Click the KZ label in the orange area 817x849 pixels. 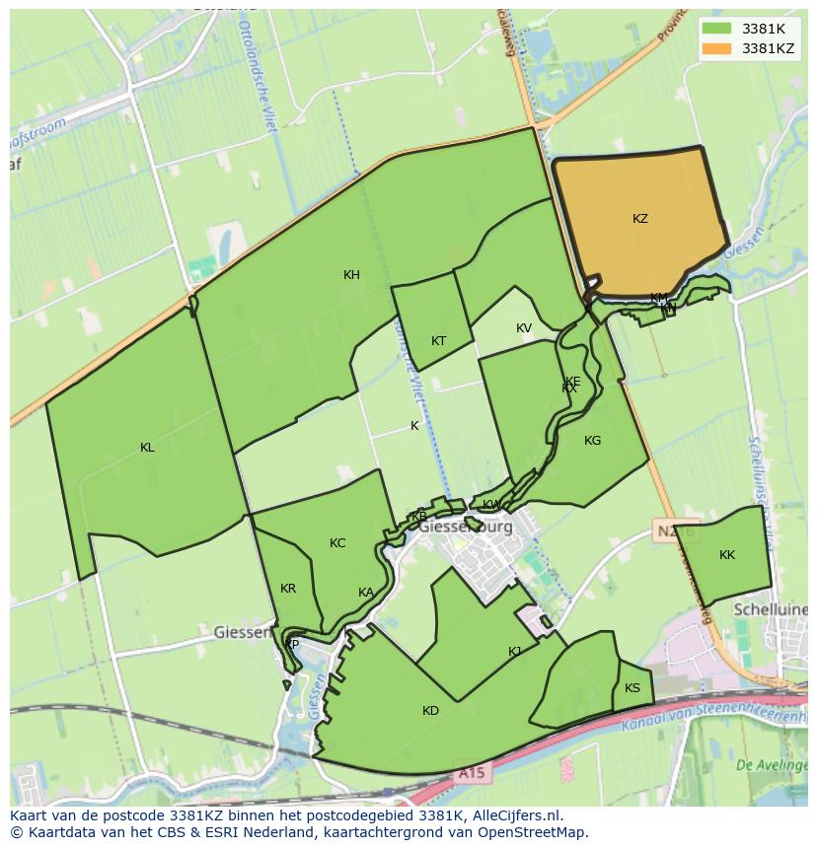coord(640,219)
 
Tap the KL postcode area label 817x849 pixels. coord(147,448)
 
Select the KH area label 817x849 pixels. coord(351,275)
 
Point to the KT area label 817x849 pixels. coord(438,341)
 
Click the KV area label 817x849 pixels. coord(523,328)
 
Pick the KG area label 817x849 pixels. coord(592,441)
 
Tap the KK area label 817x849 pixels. coord(727,555)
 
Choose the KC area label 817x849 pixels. coord(337,543)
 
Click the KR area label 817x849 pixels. coord(288,589)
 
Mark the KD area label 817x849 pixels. coord(430,711)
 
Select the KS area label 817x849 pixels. coord(632,688)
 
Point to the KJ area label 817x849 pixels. coord(515,652)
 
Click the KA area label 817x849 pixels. coord(366,593)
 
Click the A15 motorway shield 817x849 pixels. coord(472,775)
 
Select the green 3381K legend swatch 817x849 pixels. coord(716,29)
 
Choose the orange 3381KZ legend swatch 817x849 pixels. coord(716,48)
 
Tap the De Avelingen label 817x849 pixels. coord(773,765)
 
